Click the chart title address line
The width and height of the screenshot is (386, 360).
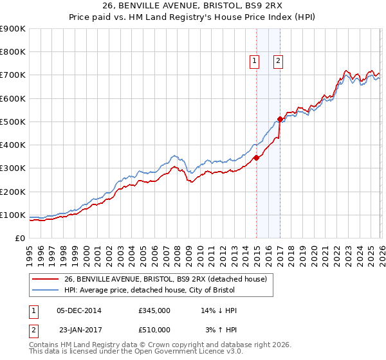pos(193,6)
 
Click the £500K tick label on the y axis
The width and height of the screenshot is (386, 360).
pos(13,122)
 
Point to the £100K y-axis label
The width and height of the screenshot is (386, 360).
pos(13,215)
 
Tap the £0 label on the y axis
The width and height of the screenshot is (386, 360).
pos(20,239)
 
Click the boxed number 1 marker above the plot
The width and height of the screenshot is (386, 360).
pos(255,61)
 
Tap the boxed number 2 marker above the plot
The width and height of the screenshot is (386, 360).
pos(278,61)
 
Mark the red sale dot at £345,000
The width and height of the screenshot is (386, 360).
pos(256,157)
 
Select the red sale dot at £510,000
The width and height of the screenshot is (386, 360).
pos(280,119)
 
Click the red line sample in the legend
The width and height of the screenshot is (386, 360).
pos(46,278)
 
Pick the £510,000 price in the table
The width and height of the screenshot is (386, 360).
pos(154,329)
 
